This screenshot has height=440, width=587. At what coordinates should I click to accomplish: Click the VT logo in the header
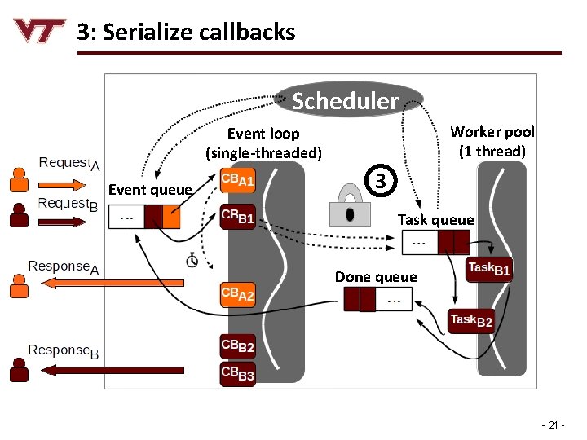(39, 31)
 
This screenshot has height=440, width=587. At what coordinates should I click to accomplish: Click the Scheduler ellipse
(351, 100)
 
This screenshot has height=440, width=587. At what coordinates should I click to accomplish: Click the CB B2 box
(238, 347)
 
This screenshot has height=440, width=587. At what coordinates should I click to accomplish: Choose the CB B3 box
(238, 374)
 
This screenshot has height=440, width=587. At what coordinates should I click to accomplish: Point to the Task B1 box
(489, 270)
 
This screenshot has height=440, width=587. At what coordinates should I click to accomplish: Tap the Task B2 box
(471, 321)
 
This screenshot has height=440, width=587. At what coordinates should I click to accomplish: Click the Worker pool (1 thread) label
(492, 141)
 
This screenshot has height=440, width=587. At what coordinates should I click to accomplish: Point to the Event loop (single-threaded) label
(263, 143)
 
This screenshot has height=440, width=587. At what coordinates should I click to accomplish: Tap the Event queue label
(150, 191)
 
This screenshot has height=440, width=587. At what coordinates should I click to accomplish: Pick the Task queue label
(435, 220)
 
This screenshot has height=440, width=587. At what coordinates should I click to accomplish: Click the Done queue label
(376, 277)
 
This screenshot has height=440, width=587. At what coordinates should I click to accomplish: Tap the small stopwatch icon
(192, 260)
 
